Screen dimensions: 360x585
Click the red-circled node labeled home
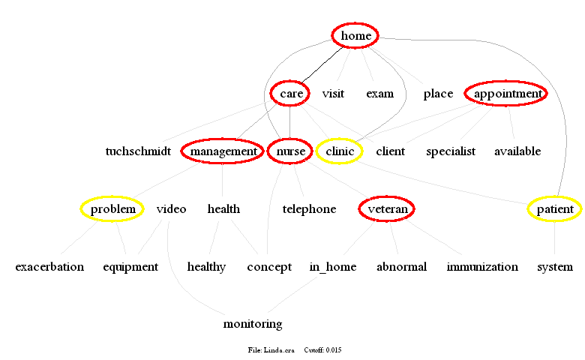point(355,35)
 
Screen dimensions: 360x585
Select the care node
point(290,94)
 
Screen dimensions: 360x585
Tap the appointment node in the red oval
point(506,94)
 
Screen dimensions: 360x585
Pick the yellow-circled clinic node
point(339,151)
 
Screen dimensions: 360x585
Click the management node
point(223,151)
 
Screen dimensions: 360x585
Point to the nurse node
point(290,151)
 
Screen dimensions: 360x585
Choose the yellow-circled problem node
point(112,208)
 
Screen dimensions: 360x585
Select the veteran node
point(387,209)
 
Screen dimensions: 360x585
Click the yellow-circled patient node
point(554,209)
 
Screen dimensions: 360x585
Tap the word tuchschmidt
point(138,151)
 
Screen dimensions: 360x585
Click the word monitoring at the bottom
point(253,324)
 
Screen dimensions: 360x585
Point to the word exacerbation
point(49,267)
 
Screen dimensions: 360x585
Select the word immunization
point(482,267)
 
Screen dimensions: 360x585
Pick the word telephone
point(309,209)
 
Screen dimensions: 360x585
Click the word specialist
point(451,151)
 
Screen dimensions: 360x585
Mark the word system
point(554,267)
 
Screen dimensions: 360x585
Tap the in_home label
point(333,267)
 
